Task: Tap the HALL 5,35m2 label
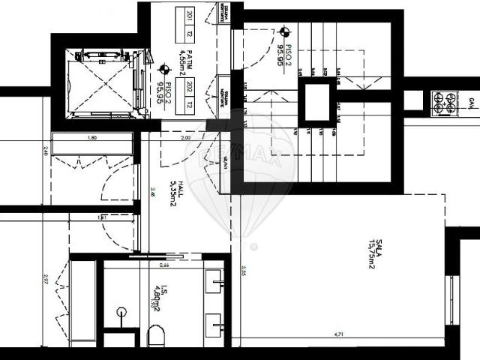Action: [175, 193]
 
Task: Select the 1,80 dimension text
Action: [92, 138]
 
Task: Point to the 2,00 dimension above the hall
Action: [186, 138]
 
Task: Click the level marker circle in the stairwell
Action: [284, 32]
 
